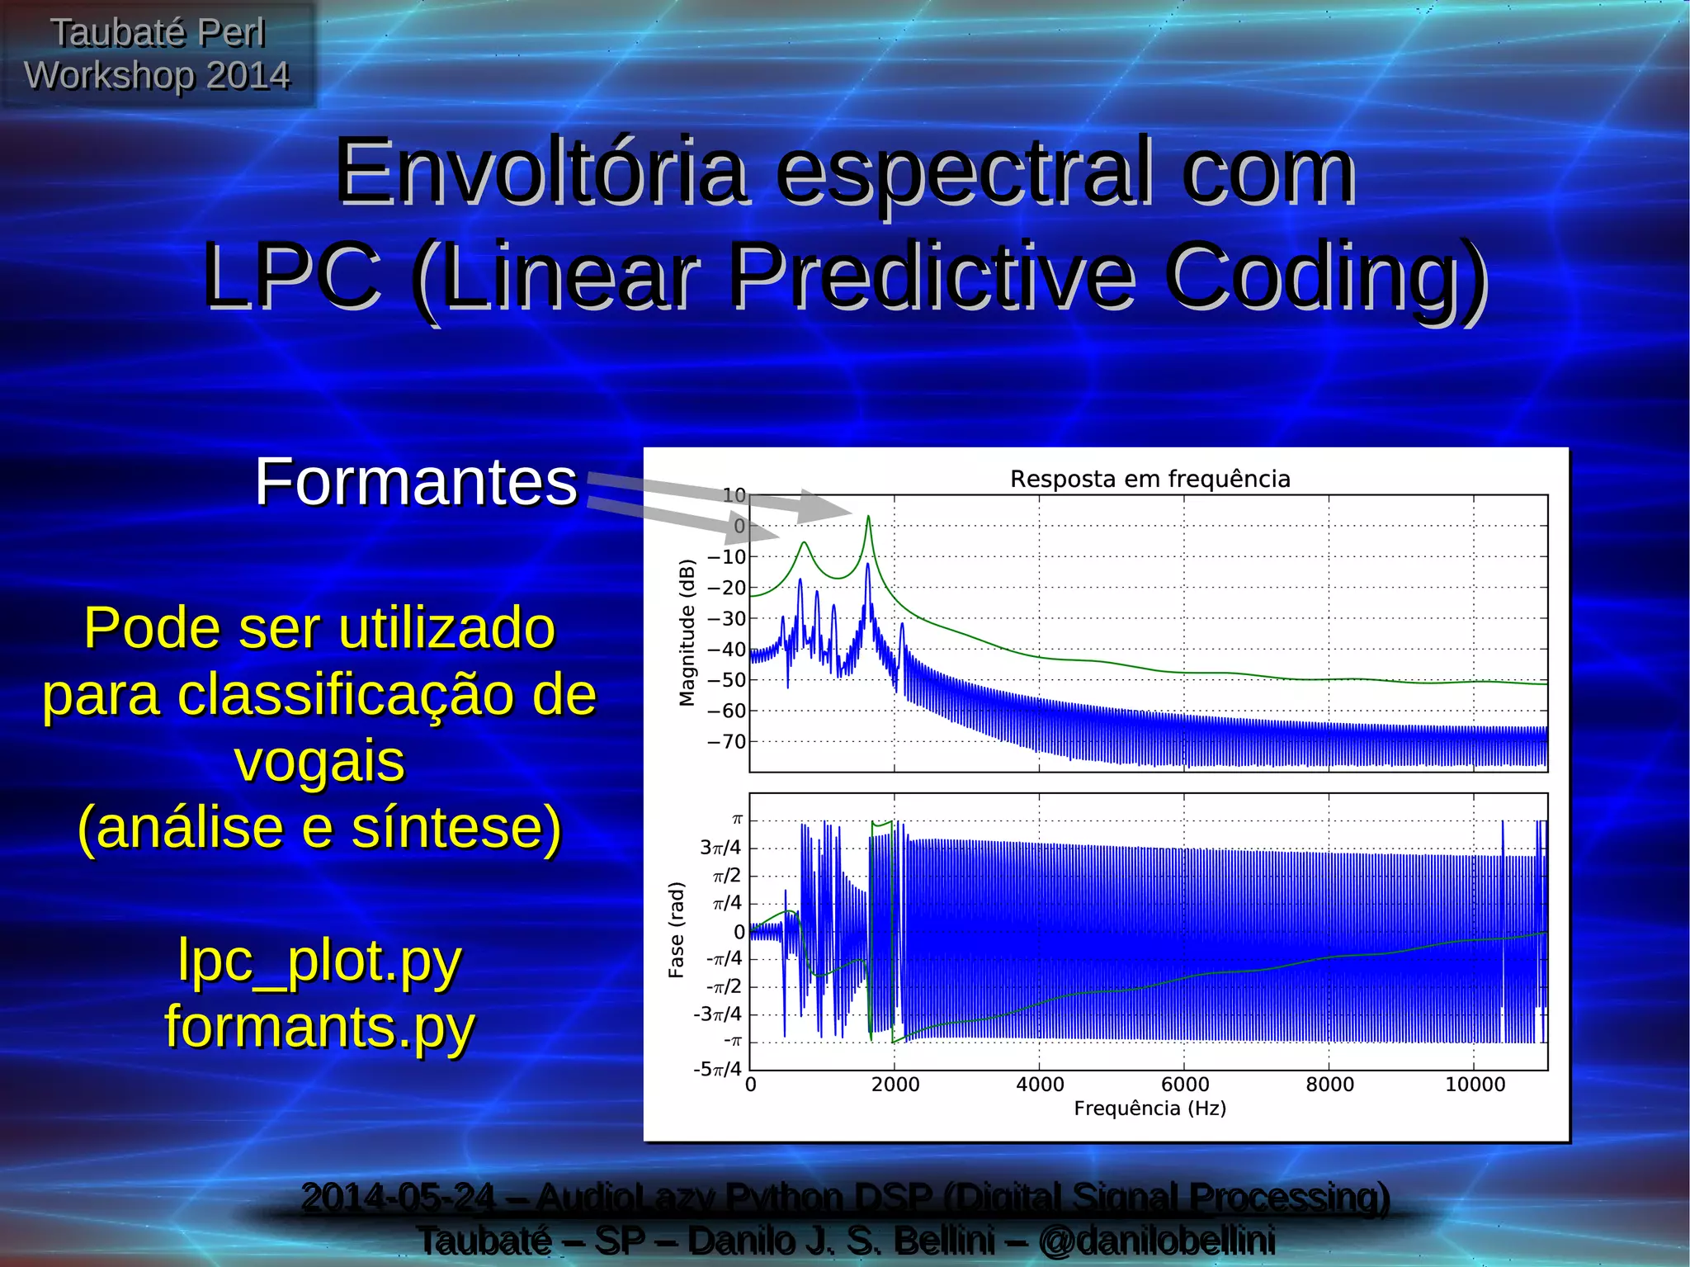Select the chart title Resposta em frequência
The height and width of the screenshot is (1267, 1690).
(1149, 479)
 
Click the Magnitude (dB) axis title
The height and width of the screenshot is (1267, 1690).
(687, 633)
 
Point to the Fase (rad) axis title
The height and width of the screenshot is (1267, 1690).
(676, 930)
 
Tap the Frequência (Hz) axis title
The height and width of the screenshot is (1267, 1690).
(1149, 1109)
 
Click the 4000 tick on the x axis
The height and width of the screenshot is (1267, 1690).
(1040, 1085)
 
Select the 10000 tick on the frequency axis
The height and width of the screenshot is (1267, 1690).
(1475, 1085)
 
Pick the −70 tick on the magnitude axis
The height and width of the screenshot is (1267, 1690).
(726, 742)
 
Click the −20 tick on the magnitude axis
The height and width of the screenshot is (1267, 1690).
(726, 589)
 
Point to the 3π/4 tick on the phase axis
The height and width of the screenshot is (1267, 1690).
(720, 848)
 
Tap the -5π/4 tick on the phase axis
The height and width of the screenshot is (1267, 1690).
(717, 1070)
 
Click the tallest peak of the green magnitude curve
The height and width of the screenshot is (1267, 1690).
(868, 518)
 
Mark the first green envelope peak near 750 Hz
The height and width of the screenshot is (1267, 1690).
(804, 543)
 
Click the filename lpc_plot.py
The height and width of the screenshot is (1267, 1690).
(319, 961)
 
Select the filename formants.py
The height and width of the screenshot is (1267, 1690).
(319, 1027)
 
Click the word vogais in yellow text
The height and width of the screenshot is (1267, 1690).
(319, 761)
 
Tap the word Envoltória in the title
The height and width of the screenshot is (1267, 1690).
(541, 173)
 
